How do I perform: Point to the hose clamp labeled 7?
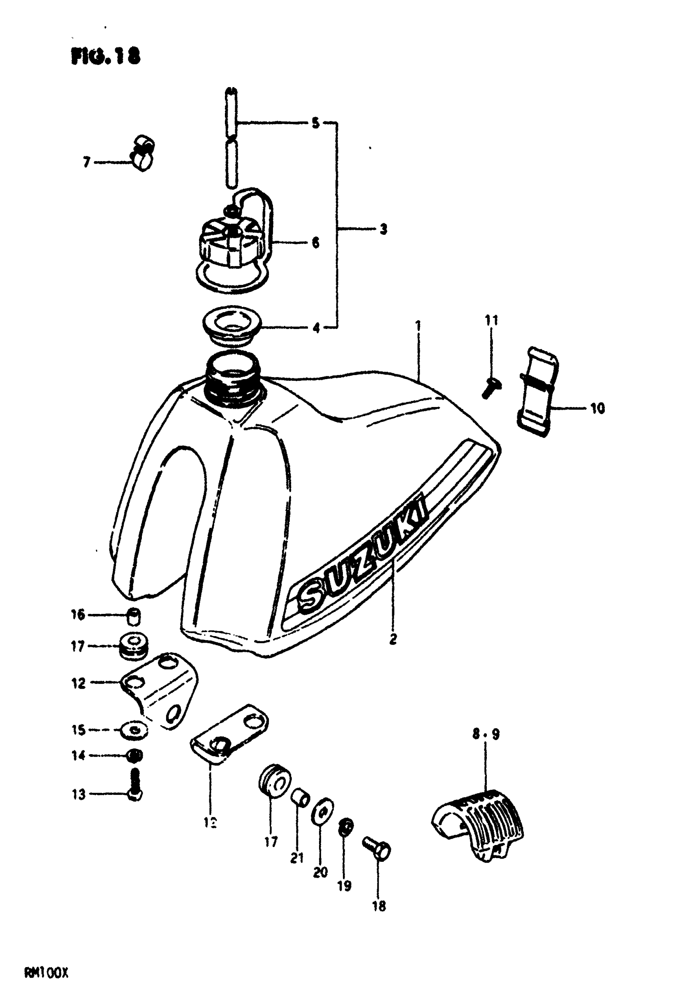coord(142,153)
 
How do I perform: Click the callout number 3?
coord(383,229)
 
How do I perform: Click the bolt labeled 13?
coord(135,790)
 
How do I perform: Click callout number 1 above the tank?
coord(418,326)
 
